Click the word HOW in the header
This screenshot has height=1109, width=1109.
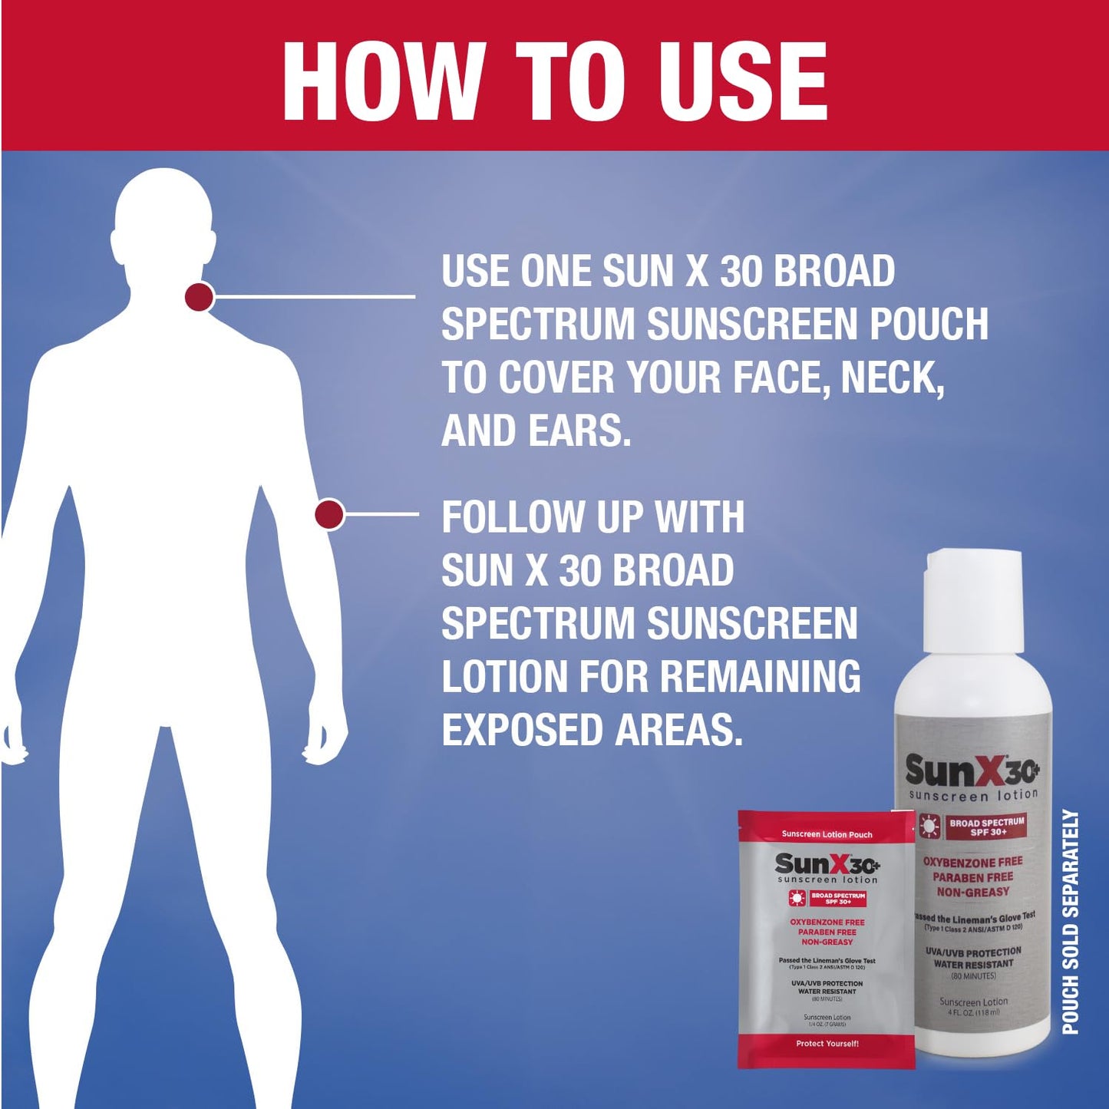click(x=384, y=81)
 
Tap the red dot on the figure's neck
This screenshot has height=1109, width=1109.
click(x=199, y=296)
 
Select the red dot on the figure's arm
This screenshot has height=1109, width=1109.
click(x=330, y=514)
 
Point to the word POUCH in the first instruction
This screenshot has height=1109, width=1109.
click(x=929, y=324)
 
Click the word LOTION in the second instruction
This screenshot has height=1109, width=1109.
click(x=503, y=677)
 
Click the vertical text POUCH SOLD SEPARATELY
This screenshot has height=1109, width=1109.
click(x=1071, y=921)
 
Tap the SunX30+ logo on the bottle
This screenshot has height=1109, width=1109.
click(x=972, y=771)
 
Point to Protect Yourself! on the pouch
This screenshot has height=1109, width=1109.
click(x=827, y=1044)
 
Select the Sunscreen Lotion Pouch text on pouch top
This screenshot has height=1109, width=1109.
click(x=827, y=834)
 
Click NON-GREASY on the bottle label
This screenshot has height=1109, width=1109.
click(x=973, y=892)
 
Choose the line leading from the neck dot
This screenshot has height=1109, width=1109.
click(x=315, y=295)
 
